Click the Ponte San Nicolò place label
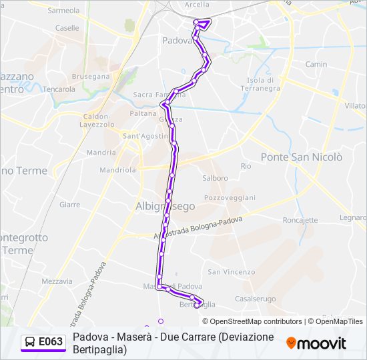coord(302,157)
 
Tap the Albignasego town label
coord(165,206)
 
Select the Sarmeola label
coord(63,11)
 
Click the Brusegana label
coord(90,77)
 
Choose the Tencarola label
coord(59,89)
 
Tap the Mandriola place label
coord(117,169)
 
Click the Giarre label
coord(69,205)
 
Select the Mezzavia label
coord(57,281)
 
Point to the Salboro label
coord(216,178)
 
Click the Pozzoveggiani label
coord(230,198)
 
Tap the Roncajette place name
coord(300,220)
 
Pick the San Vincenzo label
coord(231,272)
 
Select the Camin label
coord(316,65)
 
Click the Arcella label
coord(196,5)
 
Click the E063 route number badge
coord(43,342)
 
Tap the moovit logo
coord(316,343)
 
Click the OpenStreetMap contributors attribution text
coord(253,321)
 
